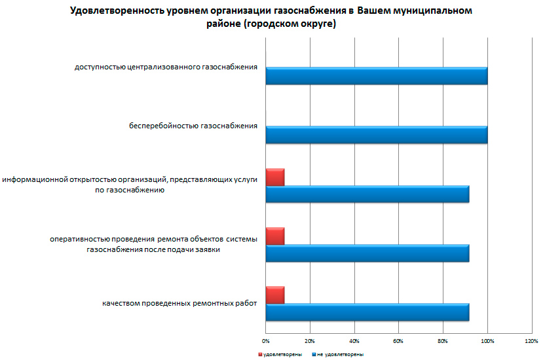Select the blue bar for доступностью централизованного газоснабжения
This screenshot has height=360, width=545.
pyautogui.click(x=377, y=76)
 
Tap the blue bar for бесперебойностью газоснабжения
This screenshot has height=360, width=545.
pyautogui.click(x=377, y=135)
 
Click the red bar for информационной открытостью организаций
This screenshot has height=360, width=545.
pyautogui.click(x=275, y=177)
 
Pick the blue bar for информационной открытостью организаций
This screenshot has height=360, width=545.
pyautogui.click(x=367, y=194)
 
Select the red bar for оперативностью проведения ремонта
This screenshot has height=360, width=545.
pyautogui.click(x=275, y=236)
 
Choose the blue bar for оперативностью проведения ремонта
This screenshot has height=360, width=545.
pyautogui.click(x=367, y=253)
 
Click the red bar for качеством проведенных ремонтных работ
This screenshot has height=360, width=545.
pyautogui.click(x=275, y=295)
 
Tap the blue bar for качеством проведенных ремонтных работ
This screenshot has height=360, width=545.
pyautogui.click(x=367, y=312)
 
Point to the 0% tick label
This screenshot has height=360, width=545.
pyautogui.click(x=266, y=341)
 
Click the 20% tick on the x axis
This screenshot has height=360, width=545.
pyautogui.click(x=310, y=341)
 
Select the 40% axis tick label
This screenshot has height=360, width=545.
pyautogui.click(x=354, y=341)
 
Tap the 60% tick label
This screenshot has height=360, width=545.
pyautogui.click(x=398, y=341)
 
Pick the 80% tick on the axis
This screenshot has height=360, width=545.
pyautogui.click(x=443, y=341)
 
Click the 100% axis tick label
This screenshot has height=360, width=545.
pyautogui.click(x=487, y=341)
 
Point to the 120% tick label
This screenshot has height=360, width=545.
pyautogui.click(x=531, y=341)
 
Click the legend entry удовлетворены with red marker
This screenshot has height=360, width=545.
pyautogui.click(x=280, y=354)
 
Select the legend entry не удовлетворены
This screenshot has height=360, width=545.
pyautogui.click(x=339, y=354)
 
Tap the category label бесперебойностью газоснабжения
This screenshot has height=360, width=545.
pyautogui.click(x=193, y=125)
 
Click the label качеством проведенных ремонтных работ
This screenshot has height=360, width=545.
pyautogui.click(x=179, y=303)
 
